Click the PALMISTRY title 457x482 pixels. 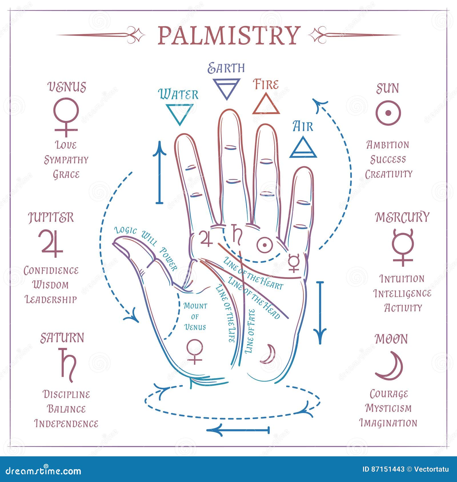point(228,35)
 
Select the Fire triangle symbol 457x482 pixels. point(266,104)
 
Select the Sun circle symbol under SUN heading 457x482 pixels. point(388,113)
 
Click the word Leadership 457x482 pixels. point(51,299)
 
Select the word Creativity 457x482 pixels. point(388,174)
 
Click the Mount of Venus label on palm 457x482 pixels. point(195,316)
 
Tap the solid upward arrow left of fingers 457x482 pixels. point(159,173)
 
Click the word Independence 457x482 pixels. point(66,424)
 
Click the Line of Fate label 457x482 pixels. point(250,331)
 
